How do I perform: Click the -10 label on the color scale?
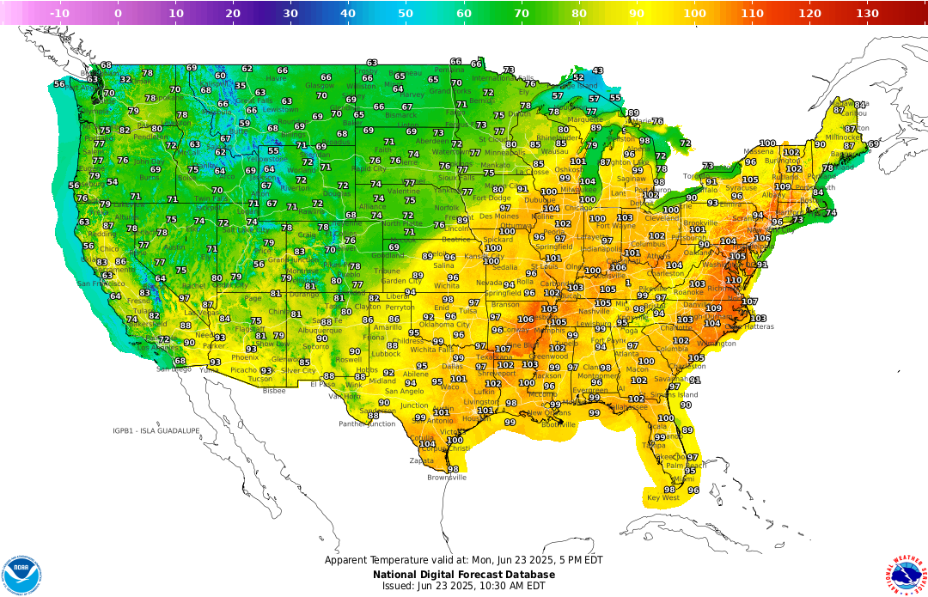pyautogui.click(x=59, y=13)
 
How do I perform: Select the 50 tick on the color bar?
pyautogui.click(x=406, y=13)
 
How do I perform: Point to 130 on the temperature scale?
pyautogui.click(x=867, y=13)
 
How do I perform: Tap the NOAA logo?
pyautogui.click(x=21, y=571)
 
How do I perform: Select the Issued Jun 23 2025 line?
pyautogui.click(x=464, y=586)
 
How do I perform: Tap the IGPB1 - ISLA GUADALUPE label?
pyautogui.click(x=156, y=430)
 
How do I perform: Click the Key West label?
pyautogui.click(x=662, y=497)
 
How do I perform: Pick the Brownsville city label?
pyautogui.click(x=446, y=477)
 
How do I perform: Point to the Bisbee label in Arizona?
pyautogui.click(x=274, y=390)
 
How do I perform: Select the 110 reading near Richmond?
pyautogui.click(x=733, y=280)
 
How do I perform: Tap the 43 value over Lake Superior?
pyautogui.click(x=598, y=71)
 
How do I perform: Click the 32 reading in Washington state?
pyautogui.click(x=125, y=80)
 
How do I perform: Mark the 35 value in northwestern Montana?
pyautogui.click(x=241, y=86)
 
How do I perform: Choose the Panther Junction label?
pyautogui.click(x=367, y=423)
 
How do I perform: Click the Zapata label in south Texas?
pyautogui.click(x=422, y=460)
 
